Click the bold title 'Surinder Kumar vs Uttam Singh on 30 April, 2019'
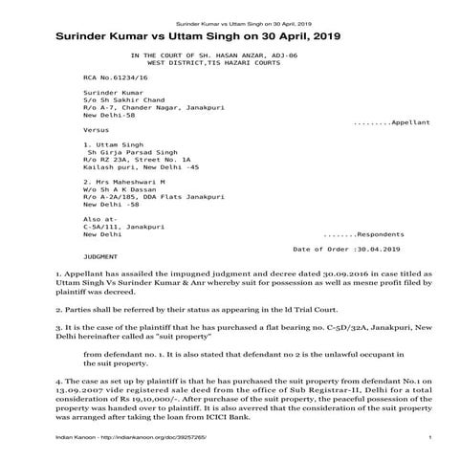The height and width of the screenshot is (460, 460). coord(190,35)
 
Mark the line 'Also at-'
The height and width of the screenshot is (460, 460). coord(99,218)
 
